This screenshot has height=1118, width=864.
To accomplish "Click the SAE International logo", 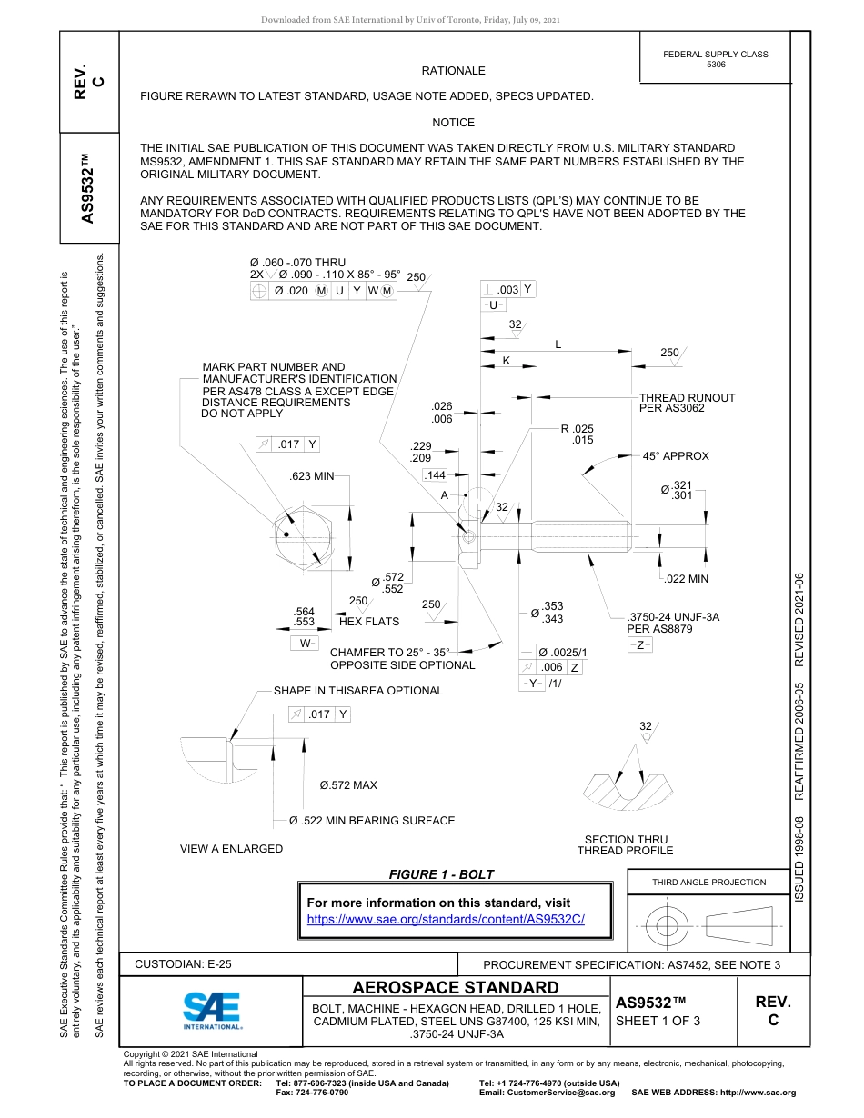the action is (211, 1011).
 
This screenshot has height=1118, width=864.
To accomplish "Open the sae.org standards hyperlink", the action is (446, 919).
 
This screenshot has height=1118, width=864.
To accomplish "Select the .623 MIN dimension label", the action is (312, 475).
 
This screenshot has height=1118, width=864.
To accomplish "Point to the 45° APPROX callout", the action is (675, 456).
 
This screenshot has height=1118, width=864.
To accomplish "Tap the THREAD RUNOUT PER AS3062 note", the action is (687, 403).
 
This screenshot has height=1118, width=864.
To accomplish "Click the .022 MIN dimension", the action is (686, 579).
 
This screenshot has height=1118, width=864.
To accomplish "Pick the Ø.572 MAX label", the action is (342, 784).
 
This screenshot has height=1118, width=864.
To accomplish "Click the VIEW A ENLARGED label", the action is (231, 848).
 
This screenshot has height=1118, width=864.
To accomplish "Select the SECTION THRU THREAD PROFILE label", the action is (625, 844).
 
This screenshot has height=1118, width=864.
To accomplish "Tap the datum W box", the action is (304, 643).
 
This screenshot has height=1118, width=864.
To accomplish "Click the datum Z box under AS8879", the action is (640, 644).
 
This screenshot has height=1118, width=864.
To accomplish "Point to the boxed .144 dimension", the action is (436, 475).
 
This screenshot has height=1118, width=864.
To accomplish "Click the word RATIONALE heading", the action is (453, 71).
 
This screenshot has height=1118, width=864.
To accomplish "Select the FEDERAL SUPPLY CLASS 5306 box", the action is (715, 59).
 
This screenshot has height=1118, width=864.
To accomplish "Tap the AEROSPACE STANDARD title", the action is (456, 988).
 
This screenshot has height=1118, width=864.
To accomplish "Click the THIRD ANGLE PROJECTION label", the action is (708, 882).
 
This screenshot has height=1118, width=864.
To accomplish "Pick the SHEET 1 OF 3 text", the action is (658, 1021).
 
